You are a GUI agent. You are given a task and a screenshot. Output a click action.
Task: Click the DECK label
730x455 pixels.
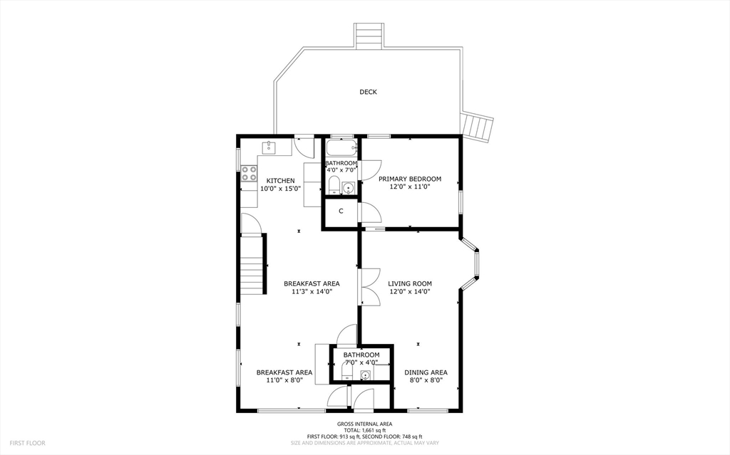(x=368, y=92)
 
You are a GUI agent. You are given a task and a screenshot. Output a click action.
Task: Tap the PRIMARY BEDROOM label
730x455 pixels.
(x=410, y=179)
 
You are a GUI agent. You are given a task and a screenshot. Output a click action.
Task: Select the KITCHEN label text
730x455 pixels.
(x=280, y=181)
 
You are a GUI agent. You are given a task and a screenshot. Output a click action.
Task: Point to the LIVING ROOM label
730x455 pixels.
(x=410, y=283)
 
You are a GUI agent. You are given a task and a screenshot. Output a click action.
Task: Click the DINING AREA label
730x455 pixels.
(x=426, y=372)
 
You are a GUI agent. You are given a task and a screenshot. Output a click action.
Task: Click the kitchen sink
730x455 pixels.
(x=269, y=147)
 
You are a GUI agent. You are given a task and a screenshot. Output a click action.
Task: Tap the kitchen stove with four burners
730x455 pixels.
(x=249, y=174)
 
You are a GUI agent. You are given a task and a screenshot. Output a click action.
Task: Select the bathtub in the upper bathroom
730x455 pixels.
(x=341, y=148)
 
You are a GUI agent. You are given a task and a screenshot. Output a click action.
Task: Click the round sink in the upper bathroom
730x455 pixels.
(x=348, y=188)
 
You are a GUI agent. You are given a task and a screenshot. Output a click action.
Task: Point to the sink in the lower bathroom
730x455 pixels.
(x=366, y=375)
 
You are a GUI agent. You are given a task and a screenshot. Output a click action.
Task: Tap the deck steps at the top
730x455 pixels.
(x=369, y=36)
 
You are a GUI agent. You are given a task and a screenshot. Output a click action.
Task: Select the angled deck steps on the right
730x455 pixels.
(x=477, y=125)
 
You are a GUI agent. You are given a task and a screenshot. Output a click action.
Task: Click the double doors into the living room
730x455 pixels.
(x=370, y=286)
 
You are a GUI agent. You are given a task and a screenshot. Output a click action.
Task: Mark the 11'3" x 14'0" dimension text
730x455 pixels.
(x=312, y=292)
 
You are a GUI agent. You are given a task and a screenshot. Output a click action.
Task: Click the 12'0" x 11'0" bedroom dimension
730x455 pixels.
(x=410, y=187)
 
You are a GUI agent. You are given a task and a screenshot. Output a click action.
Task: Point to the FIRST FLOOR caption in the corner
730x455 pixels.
(x=28, y=444)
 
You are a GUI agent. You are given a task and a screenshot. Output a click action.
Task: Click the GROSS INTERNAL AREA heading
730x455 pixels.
(x=364, y=424)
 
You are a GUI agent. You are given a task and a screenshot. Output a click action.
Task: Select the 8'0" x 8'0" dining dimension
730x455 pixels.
(x=426, y=380)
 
